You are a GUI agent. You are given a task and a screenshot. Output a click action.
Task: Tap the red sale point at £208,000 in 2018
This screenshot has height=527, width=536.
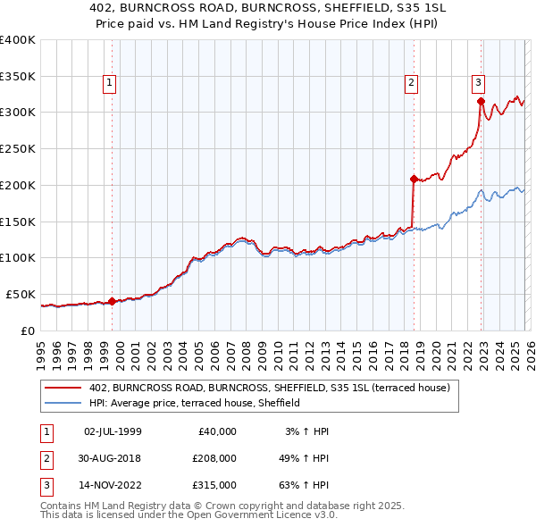[414, 179]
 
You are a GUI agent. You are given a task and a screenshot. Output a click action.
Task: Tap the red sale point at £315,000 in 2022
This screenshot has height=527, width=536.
[481, 101]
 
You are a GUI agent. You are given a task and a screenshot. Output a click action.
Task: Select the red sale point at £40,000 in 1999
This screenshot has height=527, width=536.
[112, 301]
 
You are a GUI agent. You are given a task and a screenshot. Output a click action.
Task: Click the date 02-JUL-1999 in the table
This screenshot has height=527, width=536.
[113, 431]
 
